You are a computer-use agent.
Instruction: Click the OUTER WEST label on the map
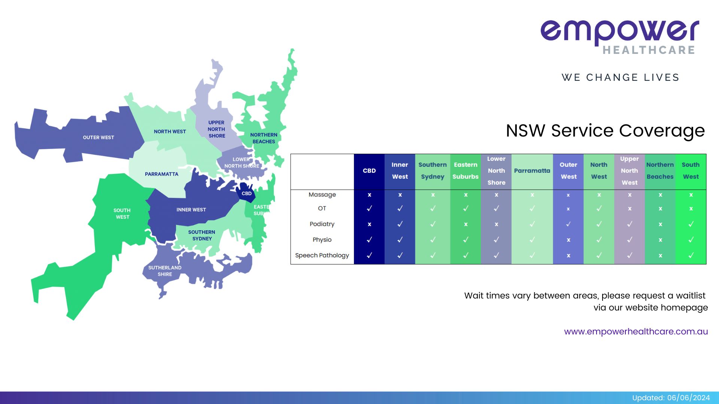pos(98,137)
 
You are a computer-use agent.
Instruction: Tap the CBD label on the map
pos(246,193)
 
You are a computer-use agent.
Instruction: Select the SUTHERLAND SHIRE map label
pos(165,271)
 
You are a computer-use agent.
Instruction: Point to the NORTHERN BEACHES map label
pos(264,138)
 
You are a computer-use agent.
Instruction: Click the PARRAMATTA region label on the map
pos(161,174)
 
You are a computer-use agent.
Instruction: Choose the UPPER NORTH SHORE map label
pos(216,129)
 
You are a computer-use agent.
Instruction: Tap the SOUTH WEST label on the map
pos(122,214)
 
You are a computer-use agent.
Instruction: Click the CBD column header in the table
pos(369,171)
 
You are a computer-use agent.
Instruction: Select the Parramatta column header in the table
pos(532,171)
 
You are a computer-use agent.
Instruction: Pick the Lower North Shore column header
pos(496,171)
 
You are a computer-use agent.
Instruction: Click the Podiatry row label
pos(322,224)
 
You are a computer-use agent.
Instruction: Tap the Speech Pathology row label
pos(322,255)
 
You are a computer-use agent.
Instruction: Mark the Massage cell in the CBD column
pos(369,195)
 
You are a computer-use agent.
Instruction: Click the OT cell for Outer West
pos(568,209)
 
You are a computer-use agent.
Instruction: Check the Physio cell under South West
pos(691,239)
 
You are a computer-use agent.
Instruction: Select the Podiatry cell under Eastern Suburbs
pos(465,224)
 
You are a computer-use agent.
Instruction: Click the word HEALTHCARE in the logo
pos(649,50)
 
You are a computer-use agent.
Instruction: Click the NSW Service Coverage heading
pos(605,131)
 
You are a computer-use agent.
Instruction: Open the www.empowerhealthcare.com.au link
pos(636,331)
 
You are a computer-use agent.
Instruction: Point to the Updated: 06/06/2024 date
pos(671,398)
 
